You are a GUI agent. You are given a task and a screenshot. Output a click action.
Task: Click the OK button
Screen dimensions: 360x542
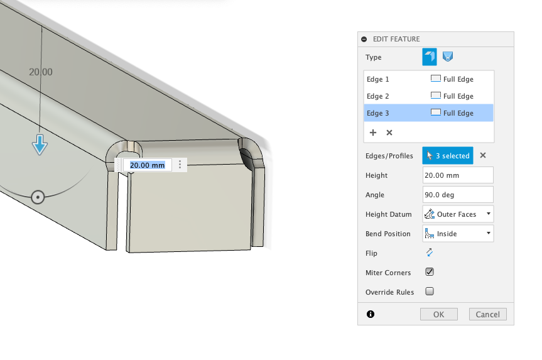[x=438, y=314]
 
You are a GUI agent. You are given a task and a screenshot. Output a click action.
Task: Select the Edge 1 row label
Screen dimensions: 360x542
[x=378, y=79]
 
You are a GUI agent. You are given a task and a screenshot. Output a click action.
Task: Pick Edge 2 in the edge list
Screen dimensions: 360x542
[x=378, y=96]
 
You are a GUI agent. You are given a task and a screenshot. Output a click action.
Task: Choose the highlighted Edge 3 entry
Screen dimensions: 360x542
[x=378, y=113]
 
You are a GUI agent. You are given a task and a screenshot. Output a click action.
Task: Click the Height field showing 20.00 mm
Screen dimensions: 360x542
[x=458, y=175]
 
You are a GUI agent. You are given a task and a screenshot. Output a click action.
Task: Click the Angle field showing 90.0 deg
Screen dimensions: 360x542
[x=458, y=195]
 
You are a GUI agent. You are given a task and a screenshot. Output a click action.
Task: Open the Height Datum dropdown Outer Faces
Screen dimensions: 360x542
[x=458, y=214]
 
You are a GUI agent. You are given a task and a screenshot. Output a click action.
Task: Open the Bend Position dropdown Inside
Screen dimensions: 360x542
[x=458, y=234]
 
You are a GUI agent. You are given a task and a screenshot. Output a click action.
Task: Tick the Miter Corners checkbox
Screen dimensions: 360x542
[x=430, y=272]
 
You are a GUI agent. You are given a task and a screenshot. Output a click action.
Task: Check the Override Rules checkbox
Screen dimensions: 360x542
[x=430, y=292]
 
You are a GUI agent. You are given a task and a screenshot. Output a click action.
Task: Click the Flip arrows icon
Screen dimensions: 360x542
[x=430, y=253]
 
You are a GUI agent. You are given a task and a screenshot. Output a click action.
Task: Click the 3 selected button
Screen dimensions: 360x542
[x=447, y=156]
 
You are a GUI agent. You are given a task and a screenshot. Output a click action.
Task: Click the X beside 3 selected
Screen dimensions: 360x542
[x=483, y=156]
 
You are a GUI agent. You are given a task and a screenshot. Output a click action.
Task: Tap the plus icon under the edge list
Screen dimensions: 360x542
[x=373, y=133]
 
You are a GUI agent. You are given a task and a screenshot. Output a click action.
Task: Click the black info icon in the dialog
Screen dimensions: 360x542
[x=371, y=314]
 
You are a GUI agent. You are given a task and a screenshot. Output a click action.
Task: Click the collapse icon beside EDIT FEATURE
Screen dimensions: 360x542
[x=364, y=39]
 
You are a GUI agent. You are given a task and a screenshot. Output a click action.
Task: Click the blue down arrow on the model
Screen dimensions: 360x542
[x=40, y=145]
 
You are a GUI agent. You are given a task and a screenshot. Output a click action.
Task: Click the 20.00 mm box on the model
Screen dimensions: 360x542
[x=148, y=165]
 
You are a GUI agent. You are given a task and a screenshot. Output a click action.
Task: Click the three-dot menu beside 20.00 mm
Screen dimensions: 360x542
[x=180, y=165]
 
